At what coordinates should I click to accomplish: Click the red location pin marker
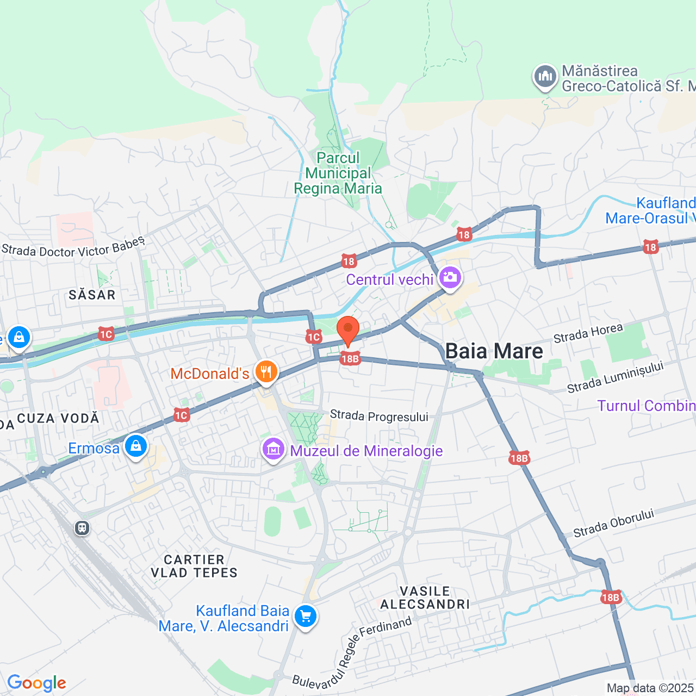point(348,331)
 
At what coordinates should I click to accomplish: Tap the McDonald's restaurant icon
point(266,372)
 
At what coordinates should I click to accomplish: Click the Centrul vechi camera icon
point(450,278)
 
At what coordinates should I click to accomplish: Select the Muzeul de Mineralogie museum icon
point(274,450)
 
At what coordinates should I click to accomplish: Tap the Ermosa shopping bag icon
point(136,447)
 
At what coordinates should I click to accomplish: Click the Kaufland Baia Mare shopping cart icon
point(306,617)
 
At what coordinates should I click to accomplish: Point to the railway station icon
point(82,527)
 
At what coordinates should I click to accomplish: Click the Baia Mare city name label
point(494,351)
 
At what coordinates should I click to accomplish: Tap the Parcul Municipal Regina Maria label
point(338,173)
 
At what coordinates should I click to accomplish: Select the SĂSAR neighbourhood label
point(92,295)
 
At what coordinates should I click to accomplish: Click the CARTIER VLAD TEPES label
point(194,566)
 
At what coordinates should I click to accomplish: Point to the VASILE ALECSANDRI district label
point(425,598)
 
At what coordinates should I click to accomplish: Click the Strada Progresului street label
point(379,416)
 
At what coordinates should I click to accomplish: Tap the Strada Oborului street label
point(613,523)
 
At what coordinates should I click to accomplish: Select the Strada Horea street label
point(588,333)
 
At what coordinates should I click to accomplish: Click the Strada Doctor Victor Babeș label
point(73,248)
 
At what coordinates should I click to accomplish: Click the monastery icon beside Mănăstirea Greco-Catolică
point(545,77)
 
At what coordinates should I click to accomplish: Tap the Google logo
point(36,683)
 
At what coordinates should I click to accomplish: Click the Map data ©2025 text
point(650,688)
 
